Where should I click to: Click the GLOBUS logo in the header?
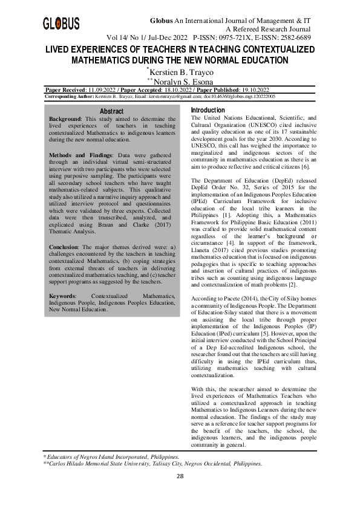point(61,24)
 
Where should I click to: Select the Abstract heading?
point(111,111)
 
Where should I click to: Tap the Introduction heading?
point(208,109)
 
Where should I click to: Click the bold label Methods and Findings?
point(82,155)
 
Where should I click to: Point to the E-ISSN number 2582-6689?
point(295,37)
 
